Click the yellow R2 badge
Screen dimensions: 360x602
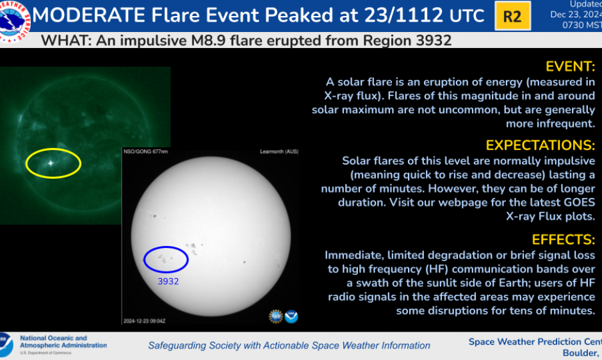click(x=512, y=17)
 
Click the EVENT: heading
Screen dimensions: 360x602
click(x=570, y=67)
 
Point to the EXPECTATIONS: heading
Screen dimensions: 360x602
click(x=540, y=145)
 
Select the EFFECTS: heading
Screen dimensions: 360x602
click(x=564, y=239)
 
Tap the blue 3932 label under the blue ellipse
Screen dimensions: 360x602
click(x=168, y=281)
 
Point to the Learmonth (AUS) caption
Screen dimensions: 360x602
click(x=279, y=151)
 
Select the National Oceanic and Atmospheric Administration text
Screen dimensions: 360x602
click(x=63, y=341)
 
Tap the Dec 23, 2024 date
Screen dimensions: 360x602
click(x=577, y=15)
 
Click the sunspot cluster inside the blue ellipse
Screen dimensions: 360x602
click(x=164, y=259)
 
